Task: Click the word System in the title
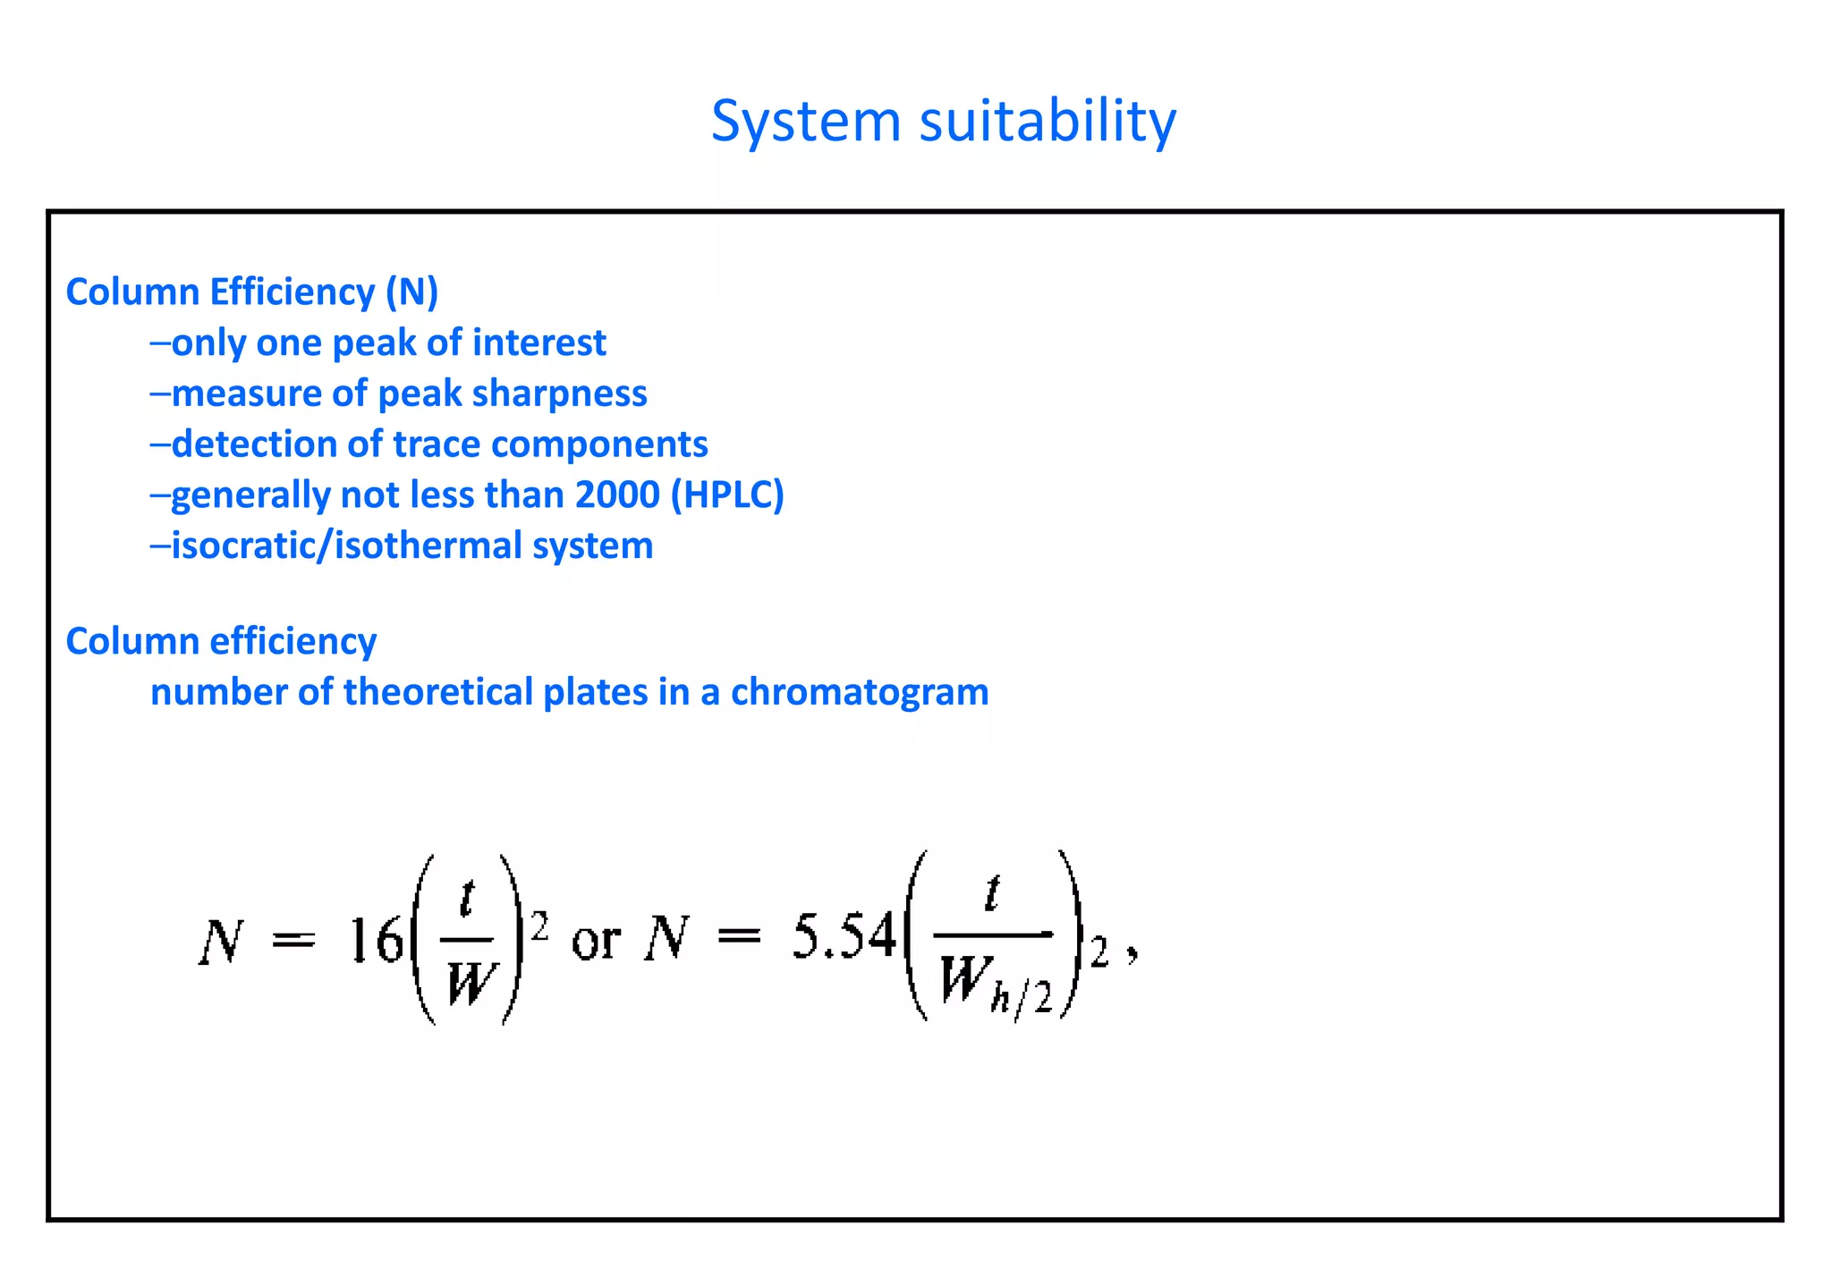[x=805, y=122]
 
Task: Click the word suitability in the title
[x=1047, y=122]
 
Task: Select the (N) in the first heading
[x=411, y=292]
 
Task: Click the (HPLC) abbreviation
[x=727, y=495]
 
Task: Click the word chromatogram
[x=860, y=692]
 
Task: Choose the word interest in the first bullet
[x=539, y=343]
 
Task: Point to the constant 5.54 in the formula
[x=844, y=937]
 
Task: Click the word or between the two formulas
[x=596, y=941]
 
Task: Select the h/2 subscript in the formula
[x=1022, y=996]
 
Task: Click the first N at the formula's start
[x=220, y=941]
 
